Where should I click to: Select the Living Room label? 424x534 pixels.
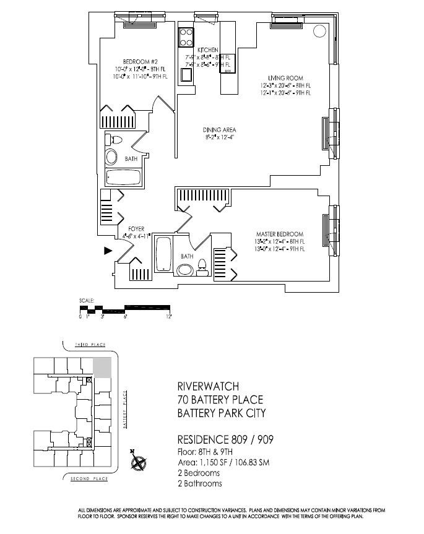tap(285, 77)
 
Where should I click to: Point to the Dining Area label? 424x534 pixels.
tap(220, 129)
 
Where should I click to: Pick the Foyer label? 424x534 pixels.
tap(136, 229)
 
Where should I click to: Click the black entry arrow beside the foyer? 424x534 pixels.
tap(108, 251)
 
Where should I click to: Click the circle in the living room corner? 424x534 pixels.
tap(319, 30)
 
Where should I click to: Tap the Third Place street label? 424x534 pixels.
tap(90, 344)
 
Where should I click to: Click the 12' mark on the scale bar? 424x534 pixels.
tap(168, 316)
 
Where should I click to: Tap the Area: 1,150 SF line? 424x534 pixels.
tap(223, 462)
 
